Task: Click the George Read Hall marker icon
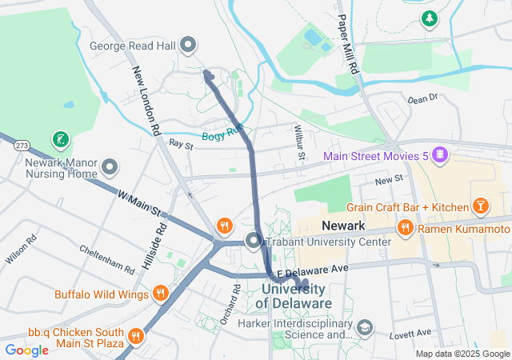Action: [189, 46]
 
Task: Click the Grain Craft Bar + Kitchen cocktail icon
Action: [481, 207]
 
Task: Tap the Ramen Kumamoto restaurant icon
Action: [406, 228]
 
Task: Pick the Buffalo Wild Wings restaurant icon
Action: [160, 294]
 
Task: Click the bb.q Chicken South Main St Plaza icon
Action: [135, 335]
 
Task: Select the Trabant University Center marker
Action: [254, 240]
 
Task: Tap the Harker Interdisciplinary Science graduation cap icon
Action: [366, 327]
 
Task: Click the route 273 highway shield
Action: [22, 146]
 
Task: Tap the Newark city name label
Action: [342, 226]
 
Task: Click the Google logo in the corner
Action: [26, 350]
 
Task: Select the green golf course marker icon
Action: [59, 140]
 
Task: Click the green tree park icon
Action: [430, 18]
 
